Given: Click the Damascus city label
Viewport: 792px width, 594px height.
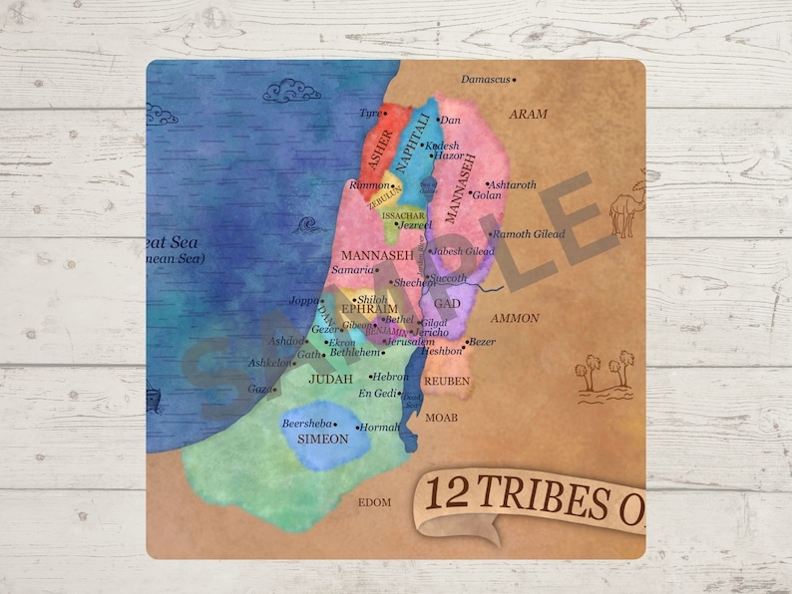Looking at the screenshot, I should [486, 80].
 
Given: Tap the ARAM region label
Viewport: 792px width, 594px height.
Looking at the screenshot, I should [529, 115].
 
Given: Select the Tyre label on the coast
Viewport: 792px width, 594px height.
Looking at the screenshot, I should [370, 114].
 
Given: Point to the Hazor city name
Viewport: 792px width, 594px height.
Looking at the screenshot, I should [448, 156].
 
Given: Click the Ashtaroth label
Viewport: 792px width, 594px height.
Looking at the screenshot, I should [514, 185].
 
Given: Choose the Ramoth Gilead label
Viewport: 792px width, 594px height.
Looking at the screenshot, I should [530, 234].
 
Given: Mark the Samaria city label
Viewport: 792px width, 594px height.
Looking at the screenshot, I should [351, 270].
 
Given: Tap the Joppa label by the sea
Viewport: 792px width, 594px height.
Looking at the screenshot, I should [304, 300].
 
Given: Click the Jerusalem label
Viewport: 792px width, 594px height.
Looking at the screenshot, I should [410, 341].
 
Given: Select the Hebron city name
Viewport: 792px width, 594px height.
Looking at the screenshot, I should [390, 377].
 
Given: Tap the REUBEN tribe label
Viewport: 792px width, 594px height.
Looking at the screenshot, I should [446, 382].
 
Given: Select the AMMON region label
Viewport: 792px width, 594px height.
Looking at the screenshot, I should [516, 319].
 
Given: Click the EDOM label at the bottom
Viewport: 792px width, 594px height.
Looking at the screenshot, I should [374, 502].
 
